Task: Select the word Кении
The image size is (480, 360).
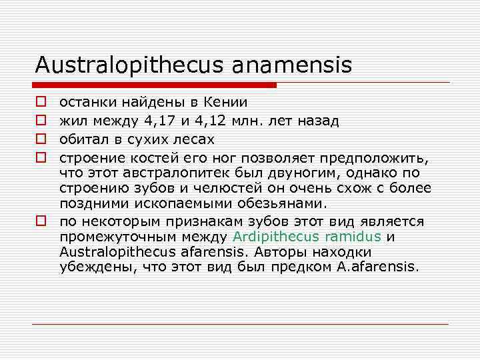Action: (227, 103)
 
